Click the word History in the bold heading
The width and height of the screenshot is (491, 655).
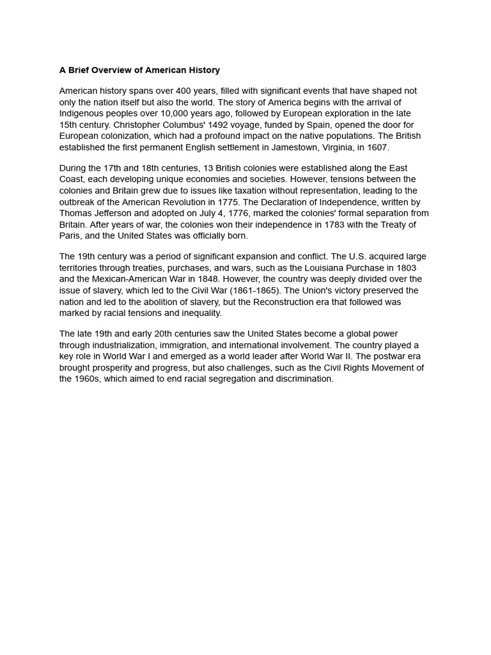pos(203,70)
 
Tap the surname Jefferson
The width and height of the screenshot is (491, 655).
pos(111,214)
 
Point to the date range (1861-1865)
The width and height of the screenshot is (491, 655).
pos(253,290)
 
